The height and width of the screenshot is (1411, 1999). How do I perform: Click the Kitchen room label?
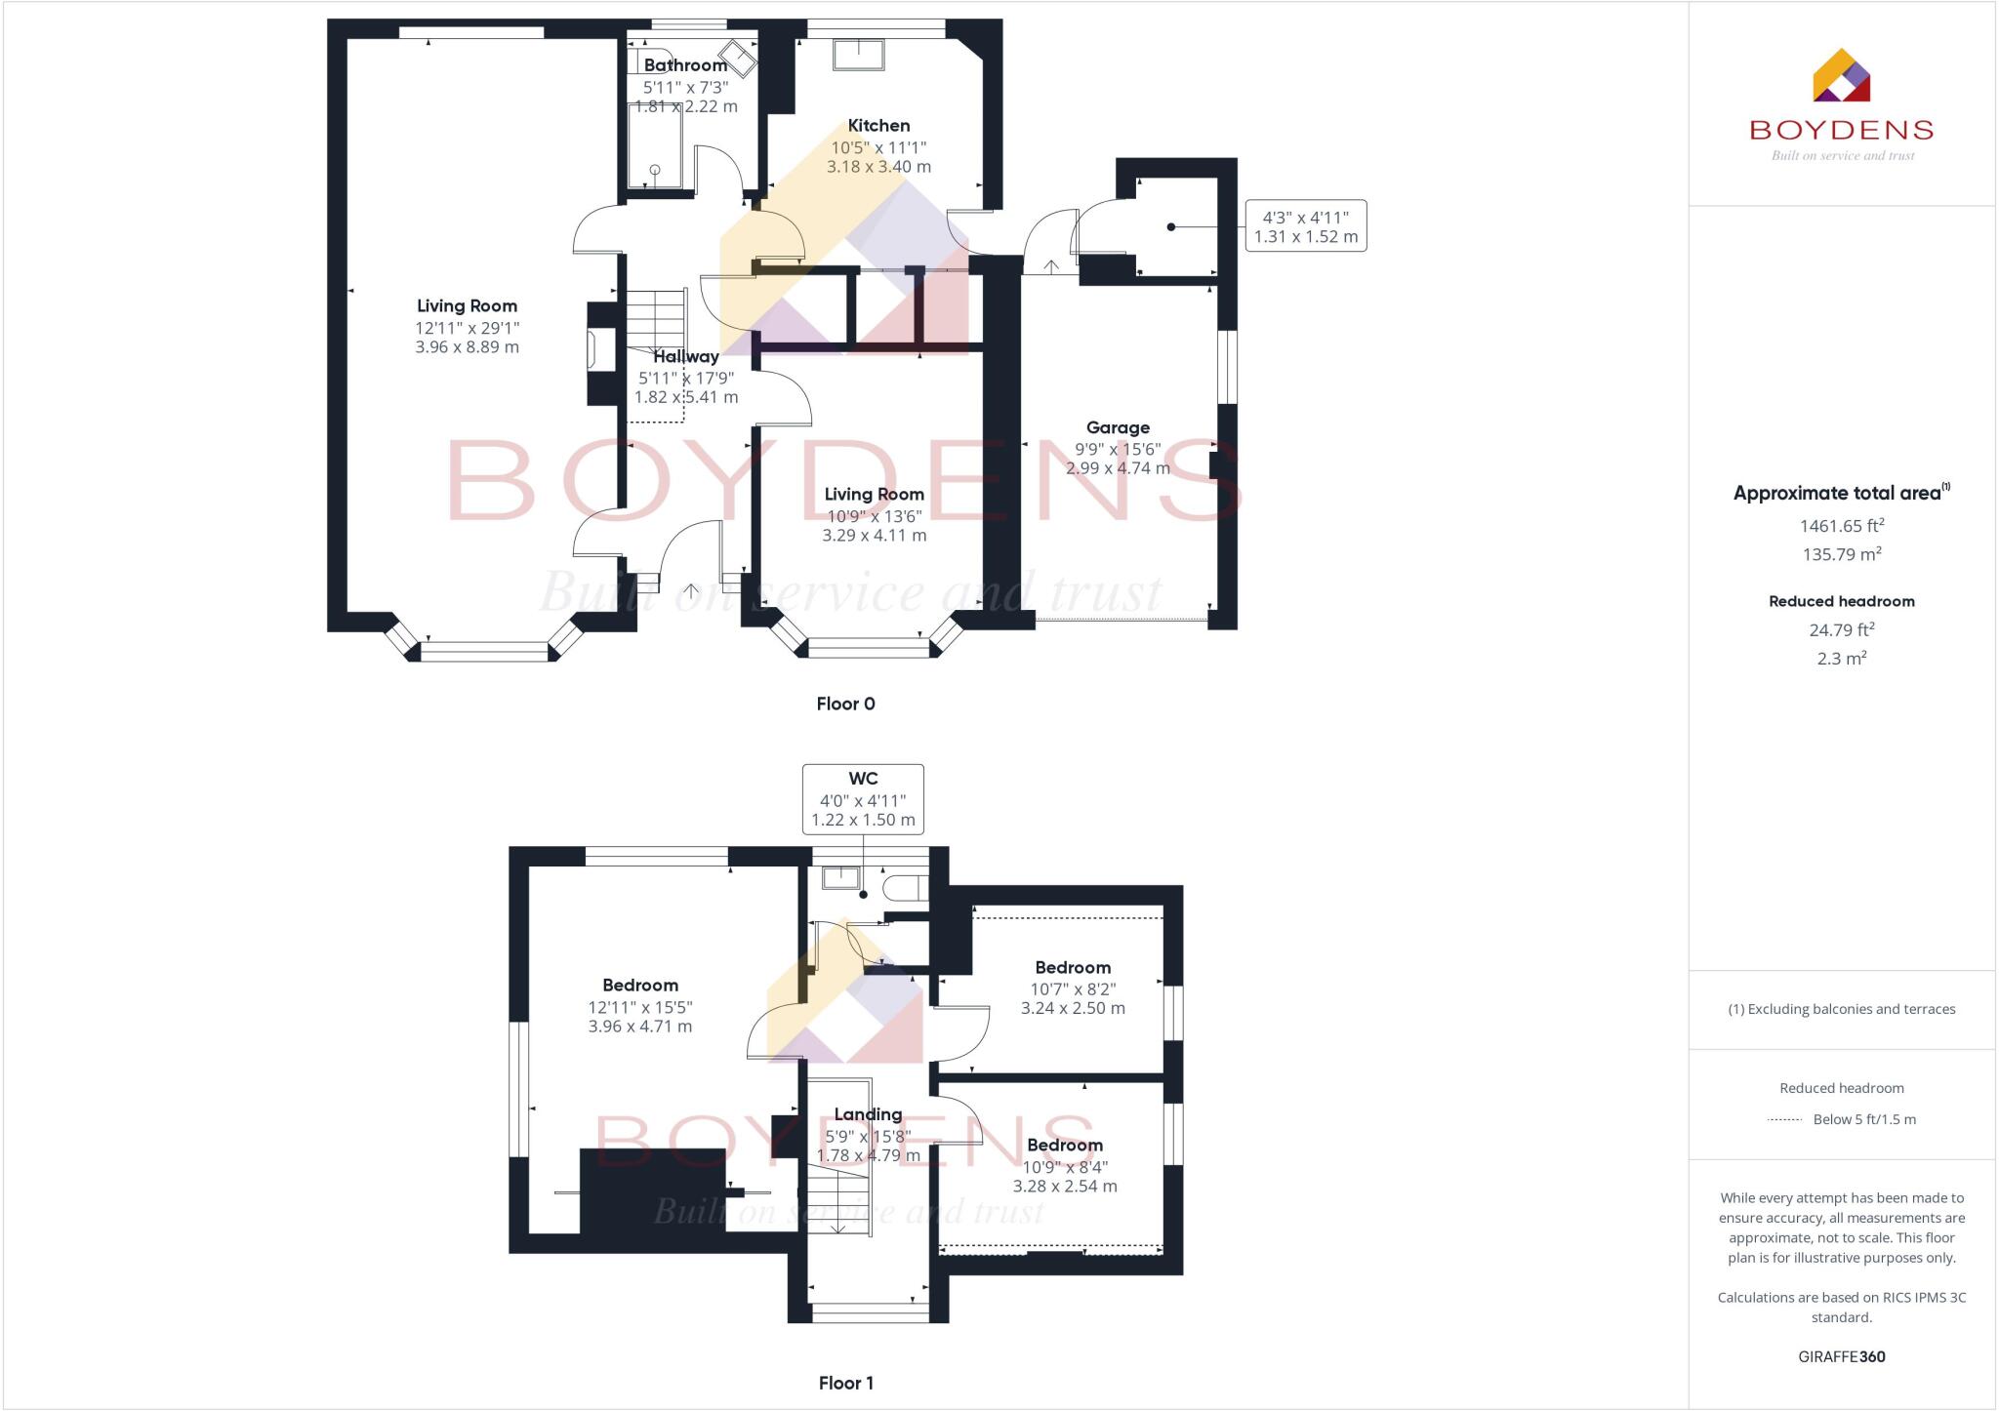coord(878,126)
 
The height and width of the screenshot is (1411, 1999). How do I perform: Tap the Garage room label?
coord(1118,427)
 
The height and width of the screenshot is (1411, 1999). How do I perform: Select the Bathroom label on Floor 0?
coord(685,65)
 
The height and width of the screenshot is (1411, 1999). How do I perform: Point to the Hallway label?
coord(685,357)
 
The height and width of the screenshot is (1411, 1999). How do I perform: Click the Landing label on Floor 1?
coord(868,1114)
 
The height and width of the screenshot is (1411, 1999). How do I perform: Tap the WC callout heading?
coord(863,779)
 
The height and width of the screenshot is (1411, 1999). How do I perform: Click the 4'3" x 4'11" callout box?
coord(1305,226)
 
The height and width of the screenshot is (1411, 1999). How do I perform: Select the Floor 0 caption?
coord(845,704)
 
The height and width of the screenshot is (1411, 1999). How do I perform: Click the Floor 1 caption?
coord(845,1383)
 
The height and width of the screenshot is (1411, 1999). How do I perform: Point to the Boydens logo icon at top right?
coord(1841,76)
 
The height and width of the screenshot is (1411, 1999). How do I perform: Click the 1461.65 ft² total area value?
coord(1841,526)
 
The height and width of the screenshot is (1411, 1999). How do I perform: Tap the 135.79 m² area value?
coord(1841,554)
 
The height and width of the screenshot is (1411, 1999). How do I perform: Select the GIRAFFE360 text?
coord(1841,1356)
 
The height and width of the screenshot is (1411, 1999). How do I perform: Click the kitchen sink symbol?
coord(858,55)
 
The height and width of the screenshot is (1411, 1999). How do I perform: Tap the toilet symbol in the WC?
coord(903,888)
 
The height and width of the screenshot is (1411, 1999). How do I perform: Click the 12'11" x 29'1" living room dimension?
coord(467,329)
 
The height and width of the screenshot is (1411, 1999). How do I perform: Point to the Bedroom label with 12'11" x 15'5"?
coord(639,986)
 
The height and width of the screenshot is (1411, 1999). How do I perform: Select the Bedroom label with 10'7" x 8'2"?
coord(1073,968)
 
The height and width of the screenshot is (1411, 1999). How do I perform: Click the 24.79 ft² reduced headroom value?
coord(1841,630)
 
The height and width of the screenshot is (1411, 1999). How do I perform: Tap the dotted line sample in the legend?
coord(1784,1120)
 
